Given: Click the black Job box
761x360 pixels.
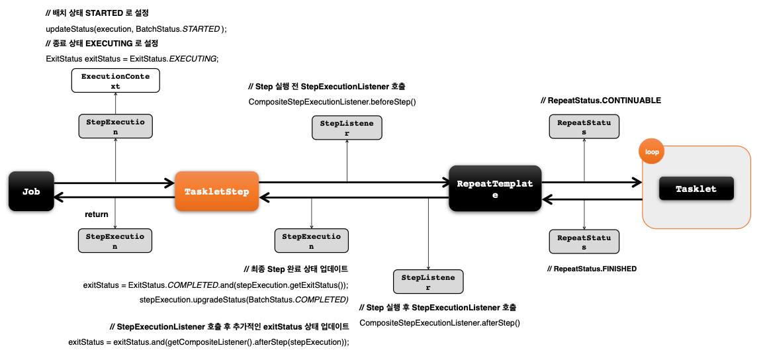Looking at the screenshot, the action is tap(31, 191).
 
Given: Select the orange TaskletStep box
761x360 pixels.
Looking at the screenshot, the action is tap(216, 191).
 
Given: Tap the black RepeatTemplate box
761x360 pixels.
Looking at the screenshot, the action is tap(495, 188).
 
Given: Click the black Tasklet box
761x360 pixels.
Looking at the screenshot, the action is tap(696, 189).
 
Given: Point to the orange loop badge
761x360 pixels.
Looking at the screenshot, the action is tap(652, 152).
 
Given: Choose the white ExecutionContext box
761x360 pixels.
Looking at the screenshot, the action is tap(116, 81).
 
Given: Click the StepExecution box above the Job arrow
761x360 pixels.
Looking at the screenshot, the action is tap(116, 126).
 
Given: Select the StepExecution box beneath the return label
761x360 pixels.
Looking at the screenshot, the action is tap(115, 241).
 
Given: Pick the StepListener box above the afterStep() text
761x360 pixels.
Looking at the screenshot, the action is tap(428, 282).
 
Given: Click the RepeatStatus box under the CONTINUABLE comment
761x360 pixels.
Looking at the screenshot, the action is tap(584, 126).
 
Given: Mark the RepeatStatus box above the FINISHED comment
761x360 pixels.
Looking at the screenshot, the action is tap(584, 242).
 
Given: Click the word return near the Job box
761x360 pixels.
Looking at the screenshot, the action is tap(97, 214).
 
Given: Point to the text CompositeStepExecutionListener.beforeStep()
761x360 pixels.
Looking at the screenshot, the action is tap(332, 102).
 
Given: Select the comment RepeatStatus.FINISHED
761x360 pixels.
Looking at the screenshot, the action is tap(592, 268).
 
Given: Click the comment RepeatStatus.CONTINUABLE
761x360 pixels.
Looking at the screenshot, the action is tap(601, 101).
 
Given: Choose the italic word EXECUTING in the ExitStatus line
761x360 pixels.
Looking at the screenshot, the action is tap(193, 58).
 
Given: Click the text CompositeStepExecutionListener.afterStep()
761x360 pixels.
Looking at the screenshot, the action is tap(439, 323).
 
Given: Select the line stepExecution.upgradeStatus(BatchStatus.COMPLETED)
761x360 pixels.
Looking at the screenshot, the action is tap(244, 299).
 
